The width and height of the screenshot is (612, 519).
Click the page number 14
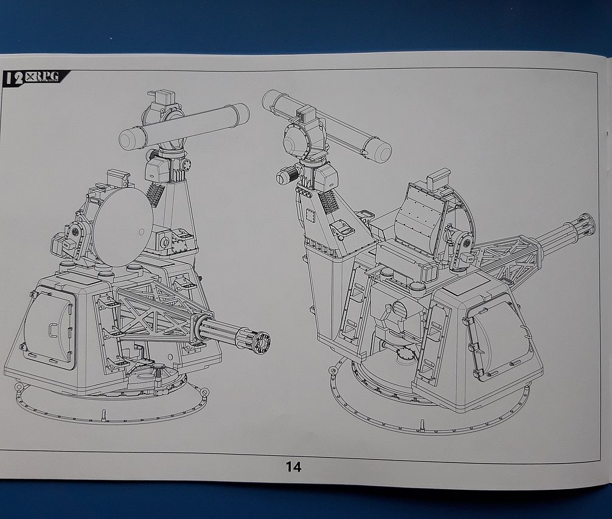point(293,467)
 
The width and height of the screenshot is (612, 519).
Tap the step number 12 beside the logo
point(14,77)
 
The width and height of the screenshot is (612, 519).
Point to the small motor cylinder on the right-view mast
point(285,175)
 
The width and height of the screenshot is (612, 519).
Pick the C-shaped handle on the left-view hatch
point(49,329)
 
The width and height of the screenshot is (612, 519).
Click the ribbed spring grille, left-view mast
point(154,195)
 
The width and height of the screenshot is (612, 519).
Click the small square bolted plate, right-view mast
point(311,216)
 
